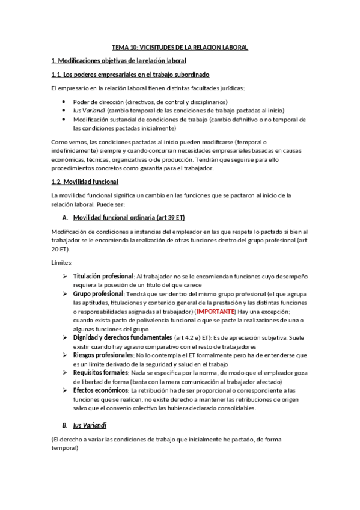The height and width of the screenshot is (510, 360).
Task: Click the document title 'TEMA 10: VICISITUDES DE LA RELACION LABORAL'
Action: coord(180,47)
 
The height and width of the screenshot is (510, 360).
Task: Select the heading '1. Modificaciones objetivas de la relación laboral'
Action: coord(119,61)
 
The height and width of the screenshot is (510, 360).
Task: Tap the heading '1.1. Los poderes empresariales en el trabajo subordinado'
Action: coord(130,75)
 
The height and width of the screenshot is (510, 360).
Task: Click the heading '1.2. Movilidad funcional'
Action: coord(85,182)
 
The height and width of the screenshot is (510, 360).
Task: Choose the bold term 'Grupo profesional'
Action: coord(98,294)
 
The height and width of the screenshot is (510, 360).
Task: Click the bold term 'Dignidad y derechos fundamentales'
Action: coord(123,338)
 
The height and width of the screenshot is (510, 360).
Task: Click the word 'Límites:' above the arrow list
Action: coord(62,263)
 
